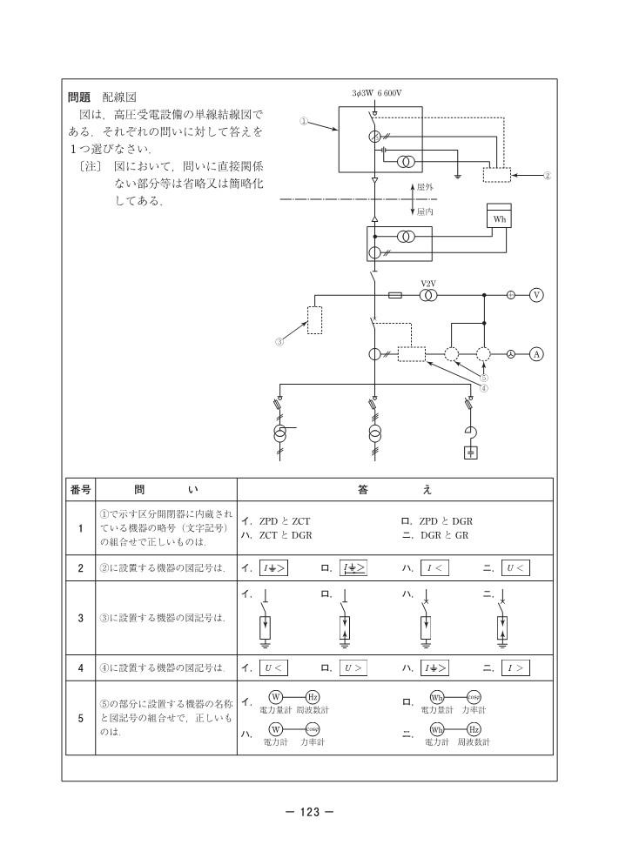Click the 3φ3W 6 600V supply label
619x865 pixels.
click(x=378, y=92)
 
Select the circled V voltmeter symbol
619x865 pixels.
click(x=536, y=295)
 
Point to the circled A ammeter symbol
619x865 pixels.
click(x=536, y=354)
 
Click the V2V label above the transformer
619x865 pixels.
click(x=427, y=284)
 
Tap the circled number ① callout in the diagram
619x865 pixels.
click(x=304, y=122)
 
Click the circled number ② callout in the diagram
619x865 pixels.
click(x=547, y=176)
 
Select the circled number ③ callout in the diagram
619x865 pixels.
click(x=279, y=342)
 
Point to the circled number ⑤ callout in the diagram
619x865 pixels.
click(x=484, y=378)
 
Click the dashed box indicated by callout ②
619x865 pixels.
click(x=499, y=174)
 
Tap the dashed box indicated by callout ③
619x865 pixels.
click(x=315, y=320)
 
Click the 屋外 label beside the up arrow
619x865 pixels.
click(x=425, y=188)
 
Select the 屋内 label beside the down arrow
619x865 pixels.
click(x=425, y=211)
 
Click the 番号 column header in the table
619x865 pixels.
click(x=80, y=490)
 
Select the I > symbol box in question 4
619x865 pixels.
click(x=516, y=668)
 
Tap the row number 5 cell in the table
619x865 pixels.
click(x=80, y=720)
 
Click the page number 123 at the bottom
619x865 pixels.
click(x=310, y=813)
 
